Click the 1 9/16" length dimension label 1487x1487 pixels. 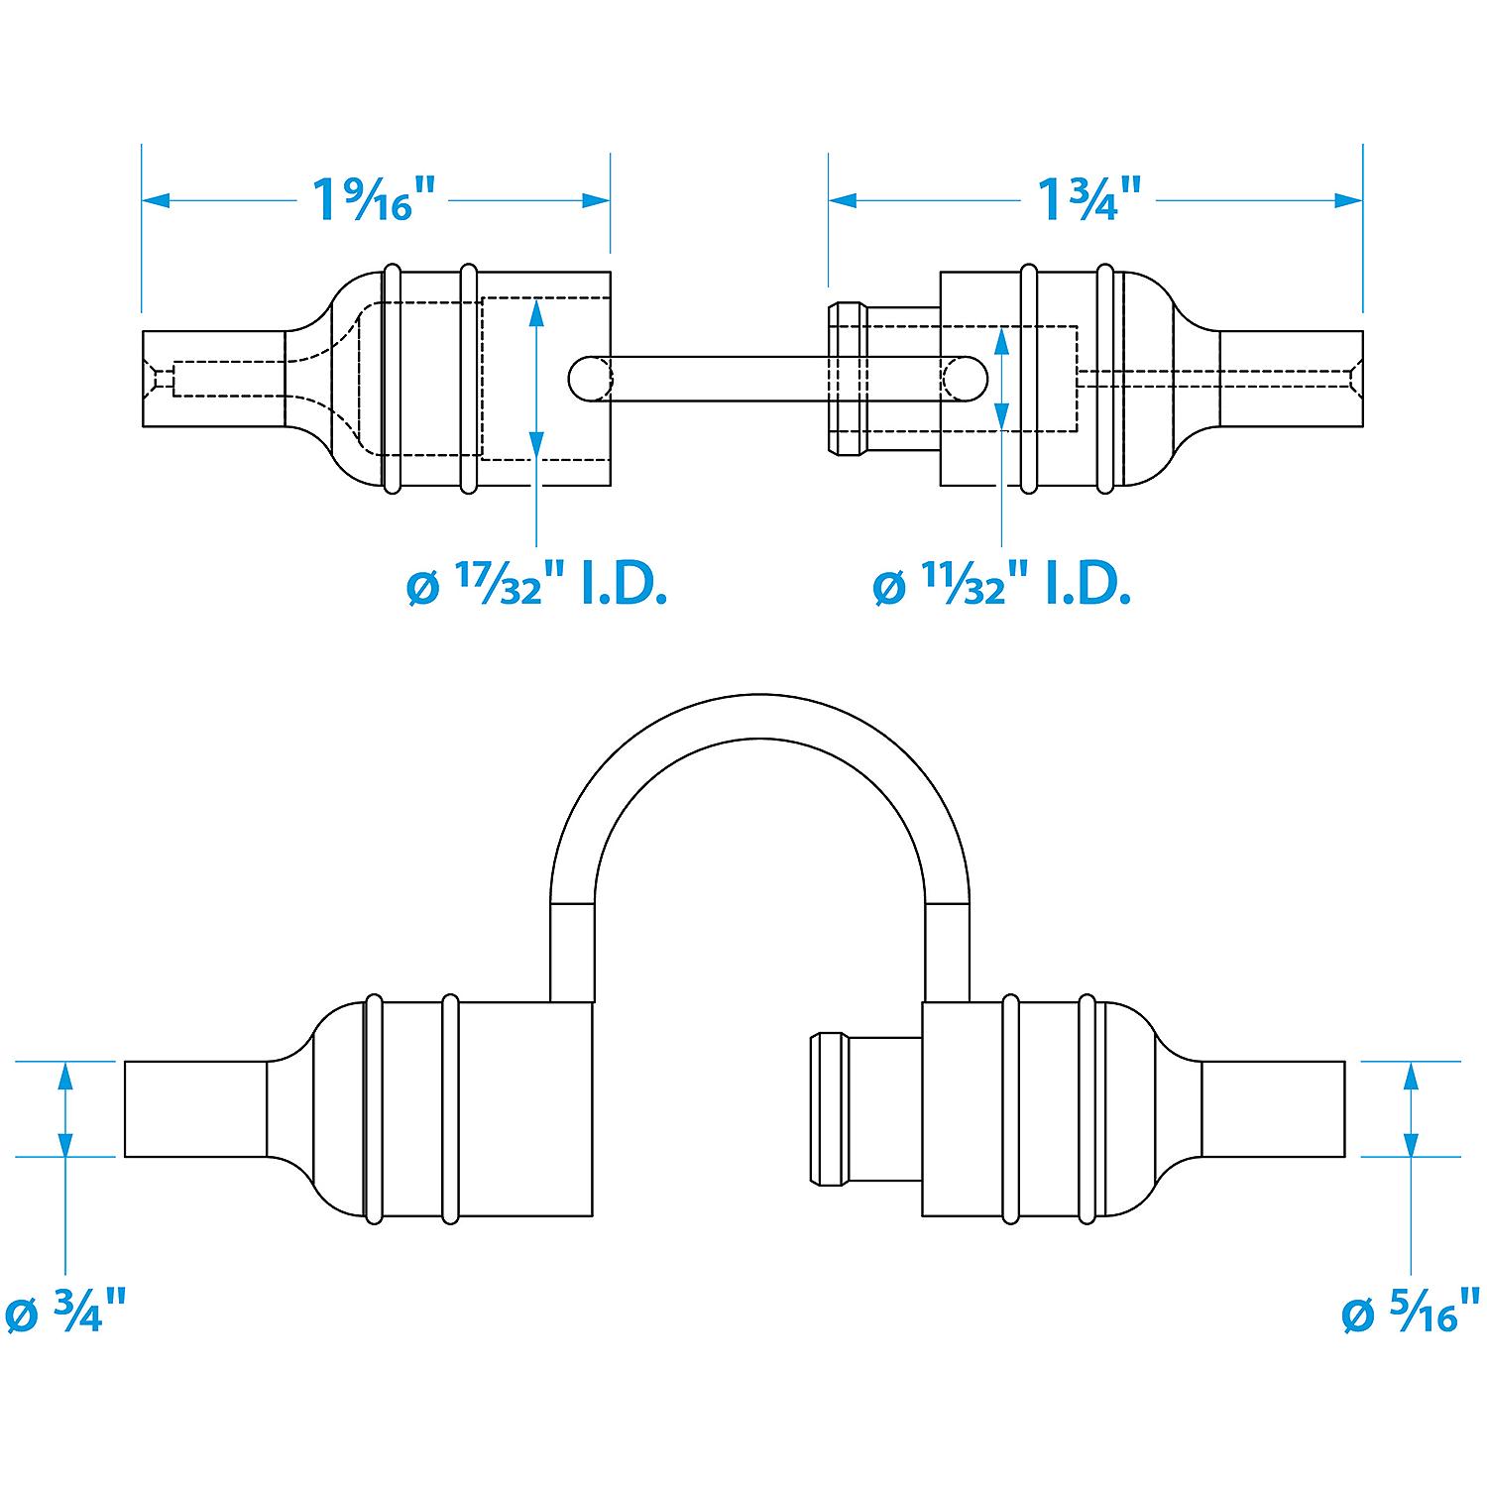(x=375, y=199)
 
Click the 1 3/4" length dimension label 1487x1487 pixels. (x=1088, y=199)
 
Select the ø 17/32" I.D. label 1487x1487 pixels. (x=536, y=588)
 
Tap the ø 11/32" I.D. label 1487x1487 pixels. (x=1002, y=588)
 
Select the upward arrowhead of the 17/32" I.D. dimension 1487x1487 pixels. (x=536, y=311)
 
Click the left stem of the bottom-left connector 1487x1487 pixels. (x=195, y=1108)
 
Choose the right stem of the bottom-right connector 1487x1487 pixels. (x=1273, y=1108)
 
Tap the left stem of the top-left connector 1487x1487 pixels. (x=214, y=378)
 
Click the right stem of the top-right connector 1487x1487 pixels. (x=1291, y=378)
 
